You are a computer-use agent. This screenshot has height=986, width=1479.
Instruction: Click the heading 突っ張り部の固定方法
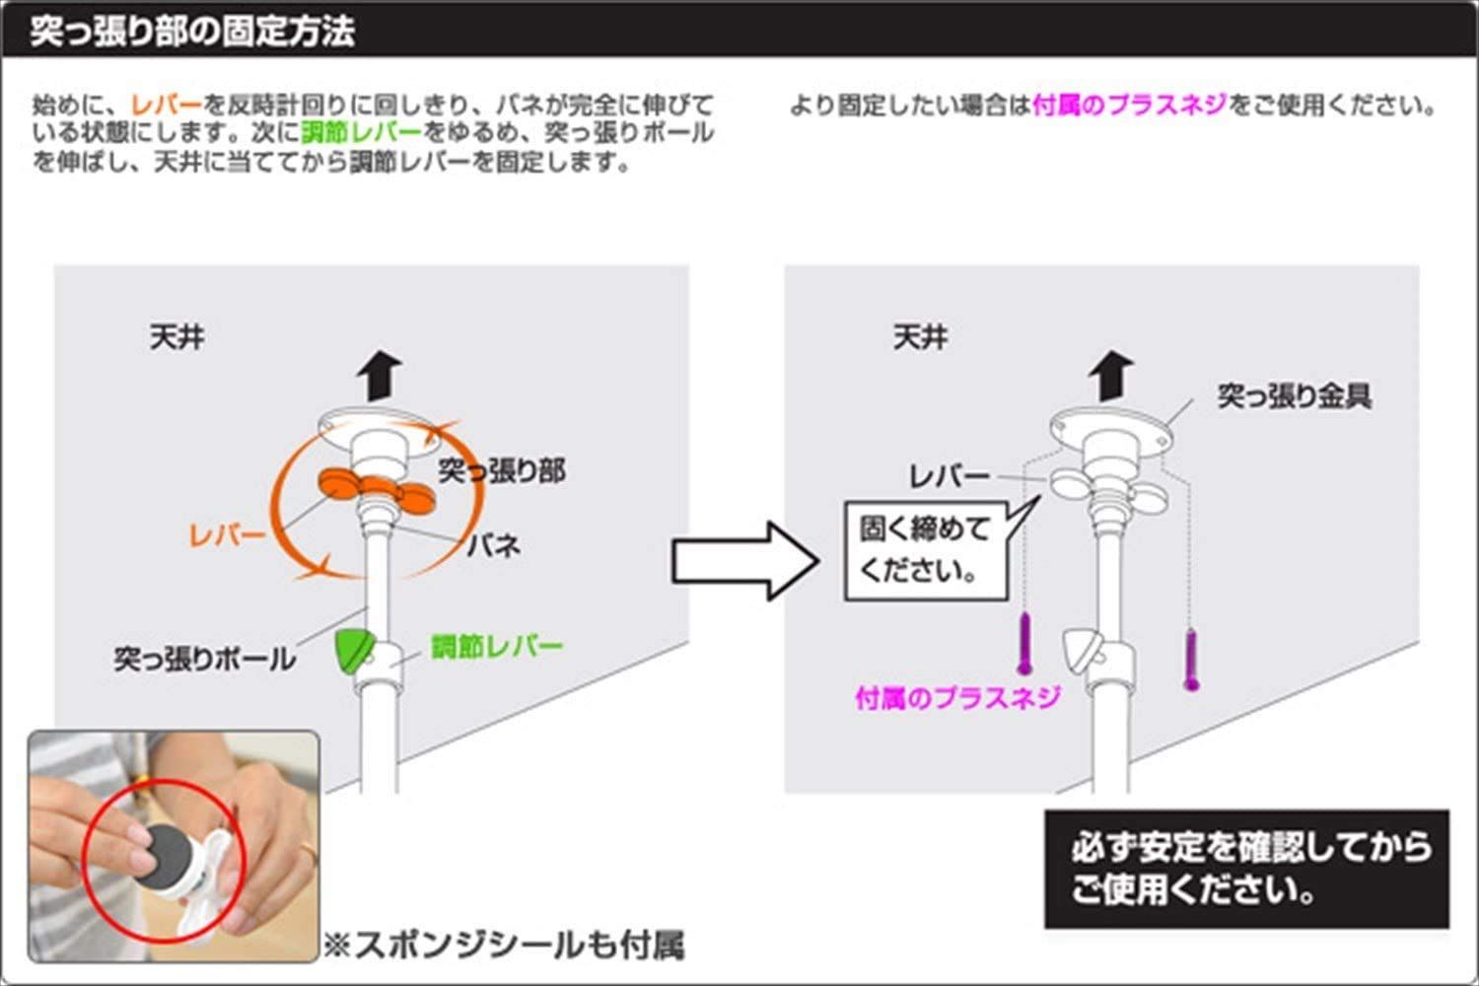[x=191, y=31]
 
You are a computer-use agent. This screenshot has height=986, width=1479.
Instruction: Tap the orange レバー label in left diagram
[x=227, y=535]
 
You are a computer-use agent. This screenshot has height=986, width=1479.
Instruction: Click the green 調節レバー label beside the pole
[x=497, y=647]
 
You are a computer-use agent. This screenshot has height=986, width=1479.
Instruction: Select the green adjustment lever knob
[x=353, y=647]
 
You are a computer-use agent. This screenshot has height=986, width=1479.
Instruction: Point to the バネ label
[x=493, y=544]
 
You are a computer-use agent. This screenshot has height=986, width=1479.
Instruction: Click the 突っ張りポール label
[x=204, y=658]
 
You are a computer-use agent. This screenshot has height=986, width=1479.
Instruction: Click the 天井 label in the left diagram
[x=177, y=337]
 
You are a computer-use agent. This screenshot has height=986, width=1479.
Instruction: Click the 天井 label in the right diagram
[x=920, y=337]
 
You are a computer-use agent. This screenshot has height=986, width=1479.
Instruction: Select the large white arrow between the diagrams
[x=744, y=561]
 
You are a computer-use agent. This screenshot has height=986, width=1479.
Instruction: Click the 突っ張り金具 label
[x=1294, y=396]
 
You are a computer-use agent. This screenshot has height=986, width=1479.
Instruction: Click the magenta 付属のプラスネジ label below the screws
[x=956, y=698]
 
